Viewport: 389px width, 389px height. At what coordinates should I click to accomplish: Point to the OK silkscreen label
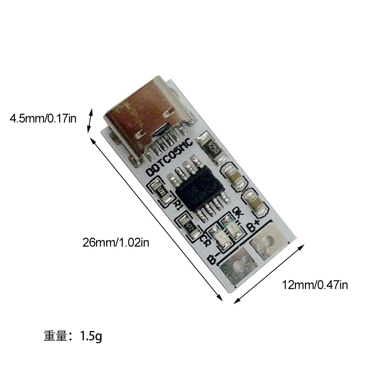click(x=237, y=213)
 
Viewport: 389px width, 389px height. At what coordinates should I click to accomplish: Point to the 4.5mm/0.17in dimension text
click(x=43, y=118)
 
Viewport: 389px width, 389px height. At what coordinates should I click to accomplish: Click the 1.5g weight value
click(x=91, y=335)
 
